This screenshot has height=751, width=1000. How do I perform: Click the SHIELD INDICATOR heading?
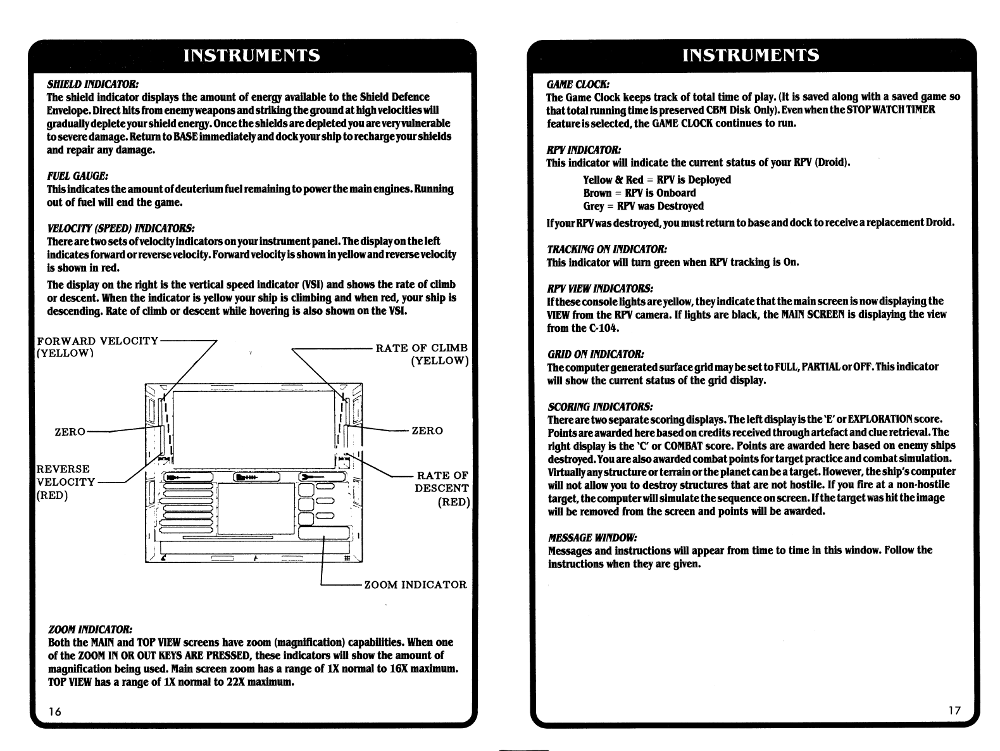point(92,84)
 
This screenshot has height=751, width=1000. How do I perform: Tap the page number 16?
point(56,711)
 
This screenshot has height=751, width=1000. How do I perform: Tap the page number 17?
point(954,710)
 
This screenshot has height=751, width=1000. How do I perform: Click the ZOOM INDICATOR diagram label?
point(415,584)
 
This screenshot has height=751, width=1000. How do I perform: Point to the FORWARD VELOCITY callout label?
point(97,341)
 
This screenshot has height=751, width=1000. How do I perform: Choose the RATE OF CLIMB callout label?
point(422,348)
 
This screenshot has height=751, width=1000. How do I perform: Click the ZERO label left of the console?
point(70,431)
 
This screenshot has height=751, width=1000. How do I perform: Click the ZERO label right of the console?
point(427,431)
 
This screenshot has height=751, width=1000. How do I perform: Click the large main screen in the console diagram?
point(253,427)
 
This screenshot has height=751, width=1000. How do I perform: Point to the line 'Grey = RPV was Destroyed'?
point(643,206)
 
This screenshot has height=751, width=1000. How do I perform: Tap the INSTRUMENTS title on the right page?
point(751,55)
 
